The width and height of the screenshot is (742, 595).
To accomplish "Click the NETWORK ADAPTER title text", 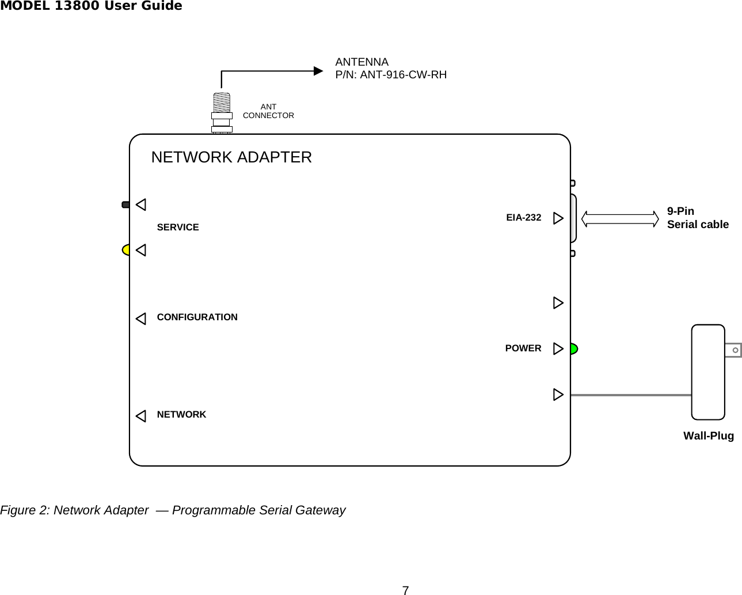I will click(x=231, y=157).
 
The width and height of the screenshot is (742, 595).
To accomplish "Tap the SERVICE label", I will click(x=178, y=228).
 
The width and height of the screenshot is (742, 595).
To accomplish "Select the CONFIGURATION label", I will click(x=197, y=317).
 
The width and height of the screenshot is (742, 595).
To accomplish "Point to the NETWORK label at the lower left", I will click(x=181, y=415).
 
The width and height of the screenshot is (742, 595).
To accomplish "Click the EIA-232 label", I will click(x=523, y=218).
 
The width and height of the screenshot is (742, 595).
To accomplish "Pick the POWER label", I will click(x=523, y=348).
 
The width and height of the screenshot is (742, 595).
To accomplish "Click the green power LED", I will click(x=573, y=348).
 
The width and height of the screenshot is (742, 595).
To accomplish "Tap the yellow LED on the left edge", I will click(x=126, y=250).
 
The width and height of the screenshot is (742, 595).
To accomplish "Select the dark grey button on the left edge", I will click(x=125, y=204).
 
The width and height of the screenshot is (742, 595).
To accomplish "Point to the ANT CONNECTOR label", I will click(x=268, y=111).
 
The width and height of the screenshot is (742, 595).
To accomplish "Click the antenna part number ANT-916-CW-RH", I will click(x=403, y=75).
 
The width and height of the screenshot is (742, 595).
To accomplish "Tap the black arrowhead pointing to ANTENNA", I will click(x=318, y=71).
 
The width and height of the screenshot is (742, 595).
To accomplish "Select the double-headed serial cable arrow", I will click(x=619, y=219).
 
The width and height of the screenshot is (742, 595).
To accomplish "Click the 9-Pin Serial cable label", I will click(x=697, y=218).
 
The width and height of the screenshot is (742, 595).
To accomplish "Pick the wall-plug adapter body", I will click(x=708, y=372).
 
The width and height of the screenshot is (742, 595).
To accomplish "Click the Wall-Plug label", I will click(x=708, y=436).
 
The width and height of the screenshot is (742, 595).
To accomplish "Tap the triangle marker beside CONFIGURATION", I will click(x=141, y=319).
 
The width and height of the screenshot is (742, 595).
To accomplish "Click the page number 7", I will click(x=405, y=590).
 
